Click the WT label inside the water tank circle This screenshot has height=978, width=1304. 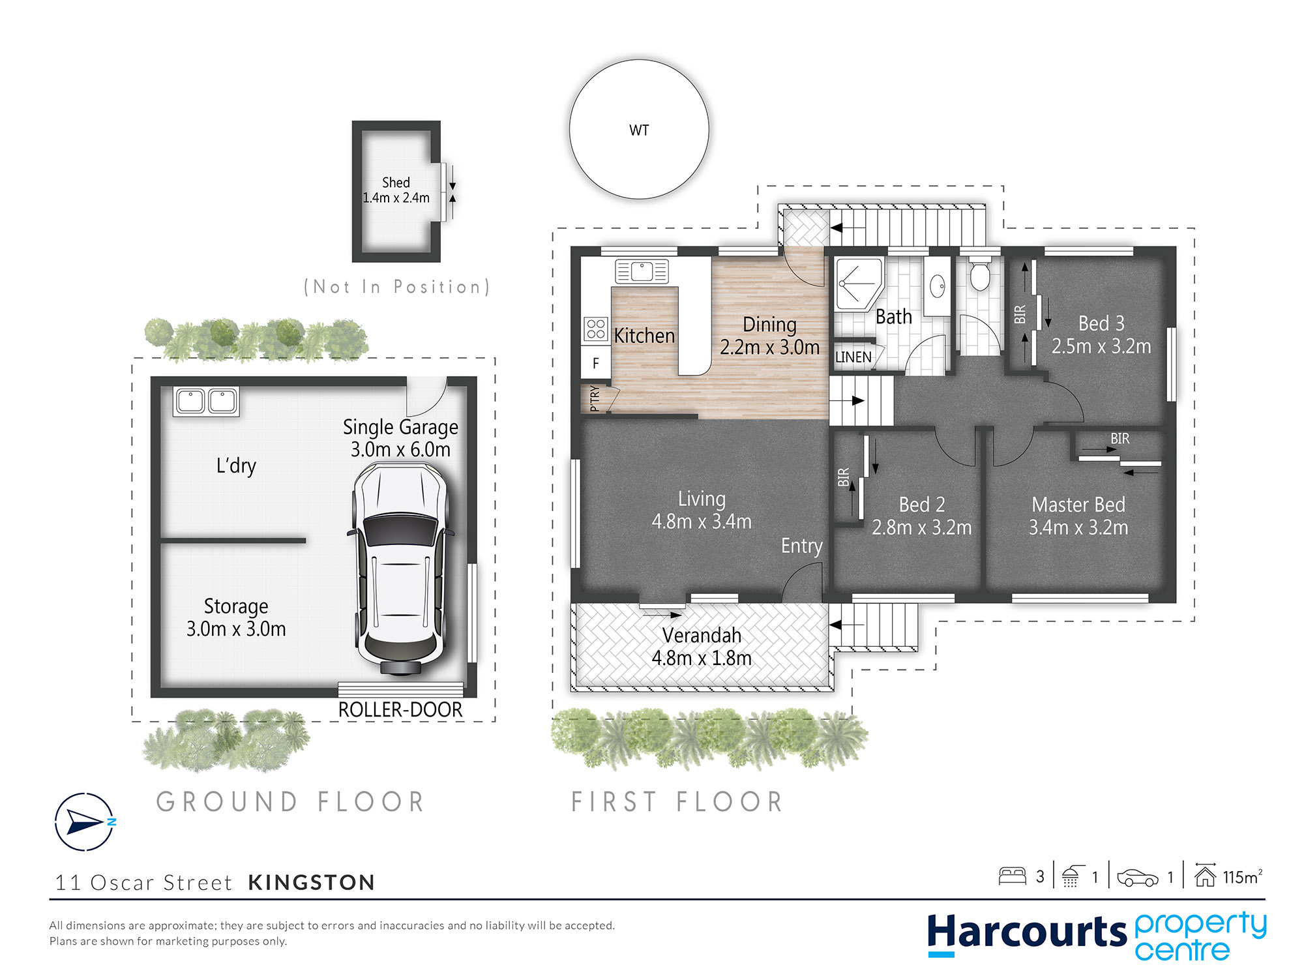pos(639,130)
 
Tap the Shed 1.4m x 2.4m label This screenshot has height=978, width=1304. pos(396,190)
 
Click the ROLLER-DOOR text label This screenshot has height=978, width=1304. pos(400,709)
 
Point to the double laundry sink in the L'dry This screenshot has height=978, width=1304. pos(206,401)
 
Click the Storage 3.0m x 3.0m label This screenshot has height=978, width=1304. pos(236,617)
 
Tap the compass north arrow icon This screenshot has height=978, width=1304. pos(85,822)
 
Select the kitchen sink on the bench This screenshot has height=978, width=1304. pos(642,271)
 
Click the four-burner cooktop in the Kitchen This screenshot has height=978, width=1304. pos(596,329)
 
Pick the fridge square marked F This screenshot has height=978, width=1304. pos(596,364)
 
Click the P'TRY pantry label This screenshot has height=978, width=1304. pos(595,398)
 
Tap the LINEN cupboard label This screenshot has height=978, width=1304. pos(853,357)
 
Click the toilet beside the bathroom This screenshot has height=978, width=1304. pos(980,274)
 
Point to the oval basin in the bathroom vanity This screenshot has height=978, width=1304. pos(938,286)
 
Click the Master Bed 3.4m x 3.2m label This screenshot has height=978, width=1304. pos(1078,516)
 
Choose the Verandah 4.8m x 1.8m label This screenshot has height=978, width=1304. pos(702,647)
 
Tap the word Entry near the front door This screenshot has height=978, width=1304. pos(802,546)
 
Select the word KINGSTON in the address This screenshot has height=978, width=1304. pos(312,882)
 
